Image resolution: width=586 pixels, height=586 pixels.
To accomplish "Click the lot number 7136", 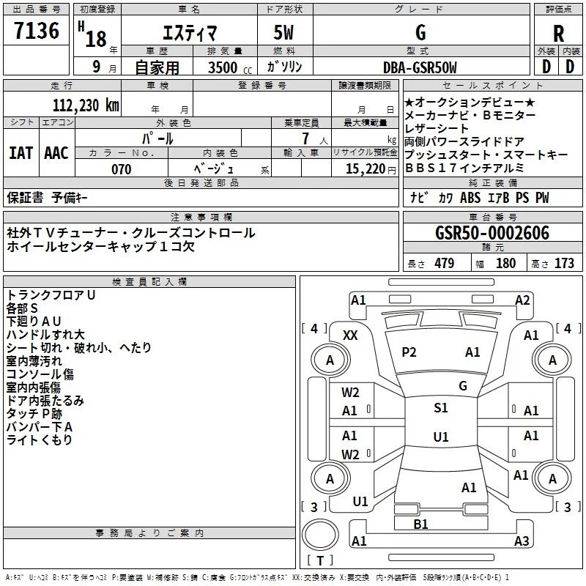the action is coord(37,32).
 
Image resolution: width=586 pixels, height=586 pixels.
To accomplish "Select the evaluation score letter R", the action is coord(558,33).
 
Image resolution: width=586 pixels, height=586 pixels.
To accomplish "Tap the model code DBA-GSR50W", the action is coord(420,67).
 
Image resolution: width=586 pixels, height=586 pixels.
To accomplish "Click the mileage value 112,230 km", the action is coord(85,105).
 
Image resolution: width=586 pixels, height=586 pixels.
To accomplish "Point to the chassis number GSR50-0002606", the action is coord(492,233).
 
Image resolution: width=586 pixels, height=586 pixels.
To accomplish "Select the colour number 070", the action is coord(121,169).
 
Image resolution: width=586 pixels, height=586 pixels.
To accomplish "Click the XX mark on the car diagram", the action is coord(350,335).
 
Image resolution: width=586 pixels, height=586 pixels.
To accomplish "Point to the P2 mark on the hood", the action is coord(409,352).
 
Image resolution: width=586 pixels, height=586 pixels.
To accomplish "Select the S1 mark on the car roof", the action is coord(440,408).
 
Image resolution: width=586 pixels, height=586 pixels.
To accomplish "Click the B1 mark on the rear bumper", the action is coord(420,524).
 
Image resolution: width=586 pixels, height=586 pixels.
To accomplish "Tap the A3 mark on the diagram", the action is coord(521,541).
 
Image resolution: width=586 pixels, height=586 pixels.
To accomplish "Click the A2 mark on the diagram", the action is coord(522,300).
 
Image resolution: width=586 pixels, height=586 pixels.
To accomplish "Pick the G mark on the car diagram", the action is coord(462,386).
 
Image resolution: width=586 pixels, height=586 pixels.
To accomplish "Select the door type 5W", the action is coord(285,33).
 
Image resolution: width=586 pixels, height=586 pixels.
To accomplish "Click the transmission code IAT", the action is coord(21,153).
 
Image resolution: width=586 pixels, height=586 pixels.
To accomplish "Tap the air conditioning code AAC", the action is coord(56,153).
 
